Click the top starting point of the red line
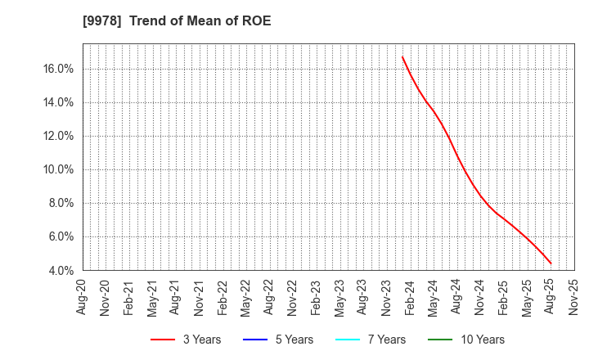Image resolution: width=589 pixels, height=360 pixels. tap(402, 56)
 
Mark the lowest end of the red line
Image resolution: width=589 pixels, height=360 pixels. tap(551, 263)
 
